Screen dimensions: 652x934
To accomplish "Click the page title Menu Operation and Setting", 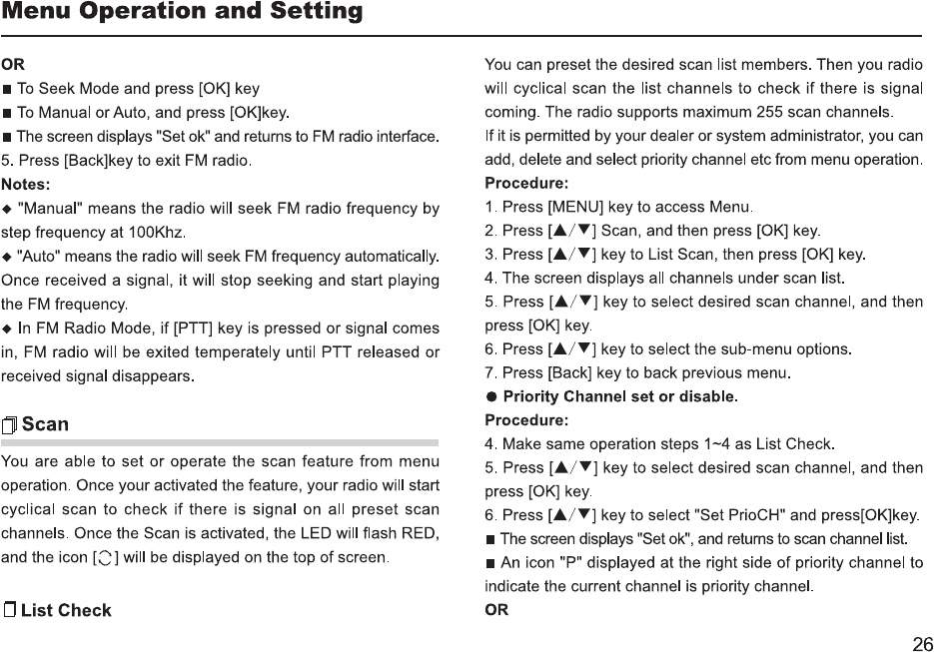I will click(x=182, y=13).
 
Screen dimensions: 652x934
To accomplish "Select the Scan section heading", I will click(x=45, y=424).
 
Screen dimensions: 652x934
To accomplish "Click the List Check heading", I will click(x=66, y=610).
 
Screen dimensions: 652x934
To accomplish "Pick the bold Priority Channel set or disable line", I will click(x=621, y=396).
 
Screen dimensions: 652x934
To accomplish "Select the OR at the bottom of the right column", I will click(x=496, y=610).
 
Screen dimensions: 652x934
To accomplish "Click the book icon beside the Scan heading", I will click(x=10, y=425).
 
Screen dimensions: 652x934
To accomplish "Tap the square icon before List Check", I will click(x=10, y=610).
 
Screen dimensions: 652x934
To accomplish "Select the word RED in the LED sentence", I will click(x=420, y=532).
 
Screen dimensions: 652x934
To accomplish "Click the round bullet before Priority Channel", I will click(x=490, y=396).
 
